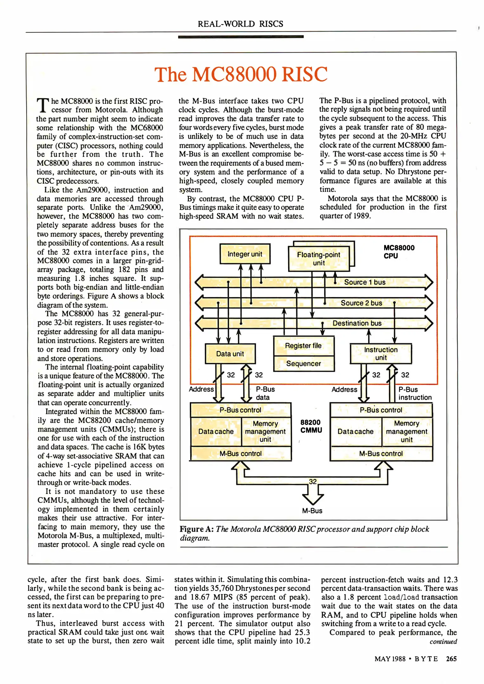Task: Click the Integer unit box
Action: tap(245, 254)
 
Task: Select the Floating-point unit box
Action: tap(319, 259)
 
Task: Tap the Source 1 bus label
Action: tap(365, 282)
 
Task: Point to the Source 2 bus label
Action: tap(361, 303)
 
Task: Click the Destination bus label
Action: tap(357, 323)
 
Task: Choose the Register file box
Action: tap(303, 346)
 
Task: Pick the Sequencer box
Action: tap(303, 364)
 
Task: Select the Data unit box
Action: tap(230, 354)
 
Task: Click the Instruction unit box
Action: tap(381, 354)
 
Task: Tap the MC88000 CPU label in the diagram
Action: tap(399, 252)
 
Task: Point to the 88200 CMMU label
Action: tap(311, 426)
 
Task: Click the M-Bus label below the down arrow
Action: tap(312, 511)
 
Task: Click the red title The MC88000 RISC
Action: tap(241, 74)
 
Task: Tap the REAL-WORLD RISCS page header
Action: tap(240, 24)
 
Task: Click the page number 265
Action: tap(451, 659)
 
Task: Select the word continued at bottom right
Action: tap(443, 642)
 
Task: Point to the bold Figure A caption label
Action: tap(197, 529)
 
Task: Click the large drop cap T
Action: tap(43, 105)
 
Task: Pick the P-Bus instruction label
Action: tap(415, 393)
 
